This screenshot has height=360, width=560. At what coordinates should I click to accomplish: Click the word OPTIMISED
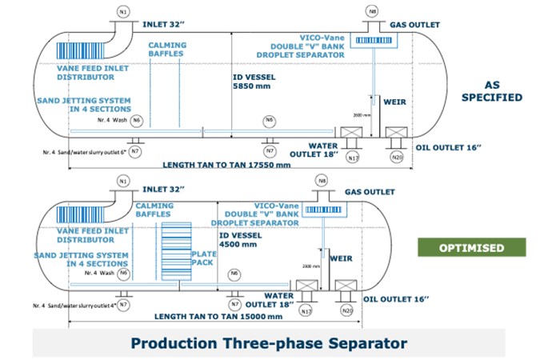471,248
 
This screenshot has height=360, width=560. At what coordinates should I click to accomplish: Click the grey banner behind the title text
80,344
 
